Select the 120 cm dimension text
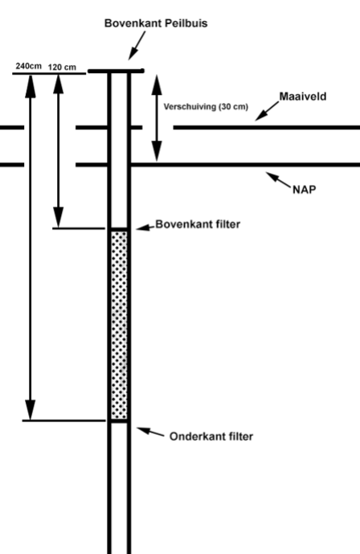pos(62,67)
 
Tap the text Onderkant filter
pos(211,437)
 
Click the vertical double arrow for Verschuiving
pos(158,117)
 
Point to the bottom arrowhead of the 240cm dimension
pos(30,408)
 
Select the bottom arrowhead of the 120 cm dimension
pos(58,217)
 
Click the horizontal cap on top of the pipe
pos(116,71)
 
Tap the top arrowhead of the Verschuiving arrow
pos(158,80)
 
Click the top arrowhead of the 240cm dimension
pos(30,84)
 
